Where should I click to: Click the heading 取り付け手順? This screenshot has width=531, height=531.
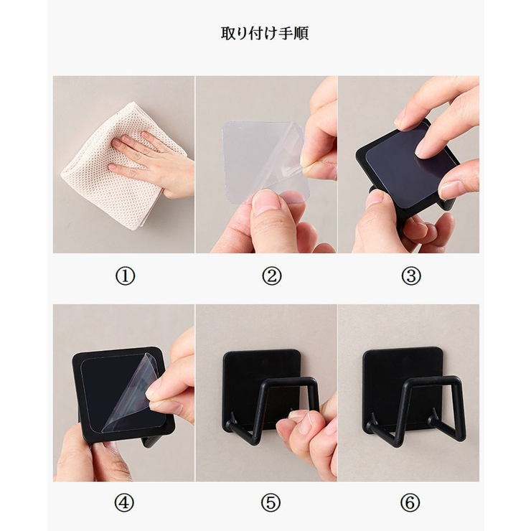pos(265,33)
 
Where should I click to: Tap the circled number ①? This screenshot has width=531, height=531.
pos(126,276)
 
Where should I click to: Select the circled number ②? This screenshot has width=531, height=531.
pos(271,276)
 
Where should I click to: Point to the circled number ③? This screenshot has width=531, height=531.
pos(410,276)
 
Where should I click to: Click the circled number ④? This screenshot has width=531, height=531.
pos(125,503)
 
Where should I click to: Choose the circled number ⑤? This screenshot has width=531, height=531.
pos(271,503)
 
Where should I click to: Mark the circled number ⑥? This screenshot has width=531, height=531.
pos(410,503)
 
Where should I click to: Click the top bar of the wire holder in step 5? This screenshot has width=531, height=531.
pos(290,381)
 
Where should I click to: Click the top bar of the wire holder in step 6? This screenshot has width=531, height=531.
pos(433,380)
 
